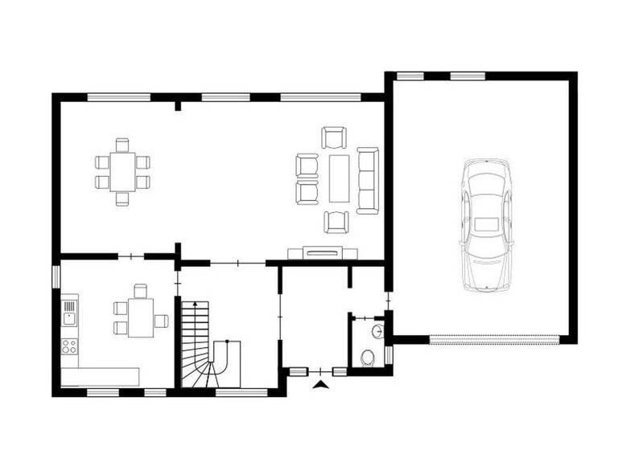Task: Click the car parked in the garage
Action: (486, 224)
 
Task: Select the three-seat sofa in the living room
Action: (368, 180)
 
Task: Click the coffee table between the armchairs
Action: (338, 178)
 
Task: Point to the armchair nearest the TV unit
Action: (336, 221)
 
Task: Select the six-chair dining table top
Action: (123, 171)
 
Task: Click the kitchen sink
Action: (69, 317)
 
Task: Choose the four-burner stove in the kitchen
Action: (69, 346)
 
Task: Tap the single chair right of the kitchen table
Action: (163, 321)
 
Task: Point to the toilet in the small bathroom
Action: (369, 357)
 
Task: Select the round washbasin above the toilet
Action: (378, 329)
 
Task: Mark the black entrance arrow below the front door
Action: (322, 387)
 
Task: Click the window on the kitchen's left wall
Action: (56, 276)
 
